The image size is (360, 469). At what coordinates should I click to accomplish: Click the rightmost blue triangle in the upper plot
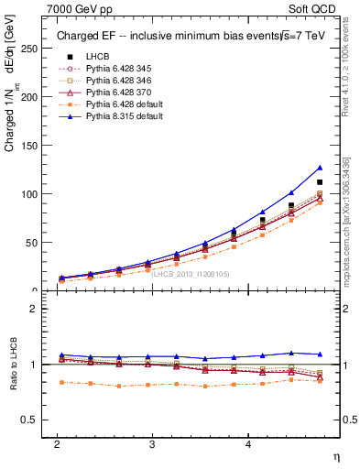pyautogui.click(x=320, y=168)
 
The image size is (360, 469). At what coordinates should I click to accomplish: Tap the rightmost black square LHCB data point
pyautogui.click(x=320, y=182)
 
